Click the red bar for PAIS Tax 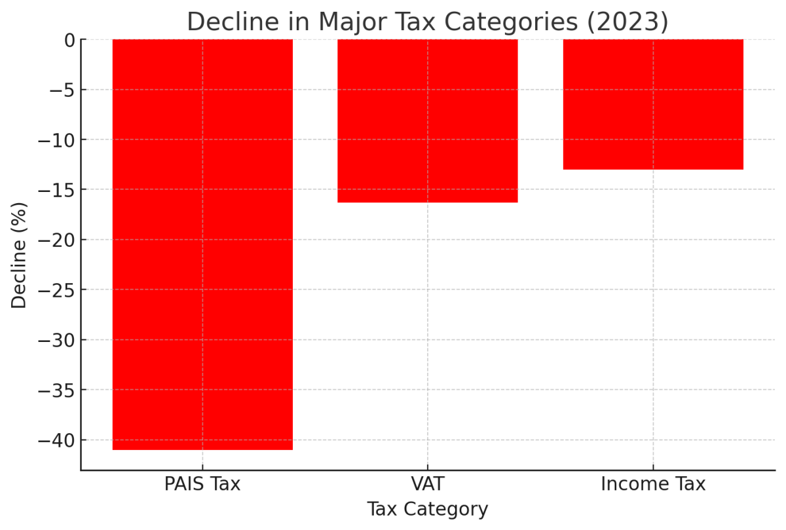[x=202, y=244]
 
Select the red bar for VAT [x=428, y=121]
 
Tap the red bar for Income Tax [x=653, y=105]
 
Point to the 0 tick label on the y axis [x=69, y=40]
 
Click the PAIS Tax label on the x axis [x=202, y=485]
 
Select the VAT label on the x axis [x=428, y=485]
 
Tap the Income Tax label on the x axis [x=653, y=485]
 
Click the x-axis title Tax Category [x=428, y=510]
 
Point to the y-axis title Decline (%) [x=20, y=255]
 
